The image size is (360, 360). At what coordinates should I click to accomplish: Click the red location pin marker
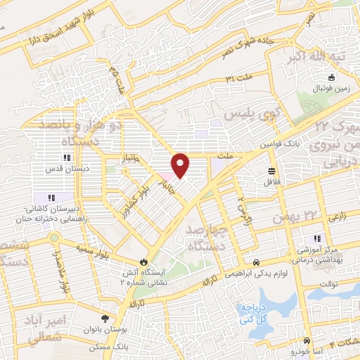coord(181,165)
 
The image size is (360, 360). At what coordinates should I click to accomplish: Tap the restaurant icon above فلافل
coord(271,170)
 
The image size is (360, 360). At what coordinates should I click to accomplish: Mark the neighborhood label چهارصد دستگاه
coord(205,237)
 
